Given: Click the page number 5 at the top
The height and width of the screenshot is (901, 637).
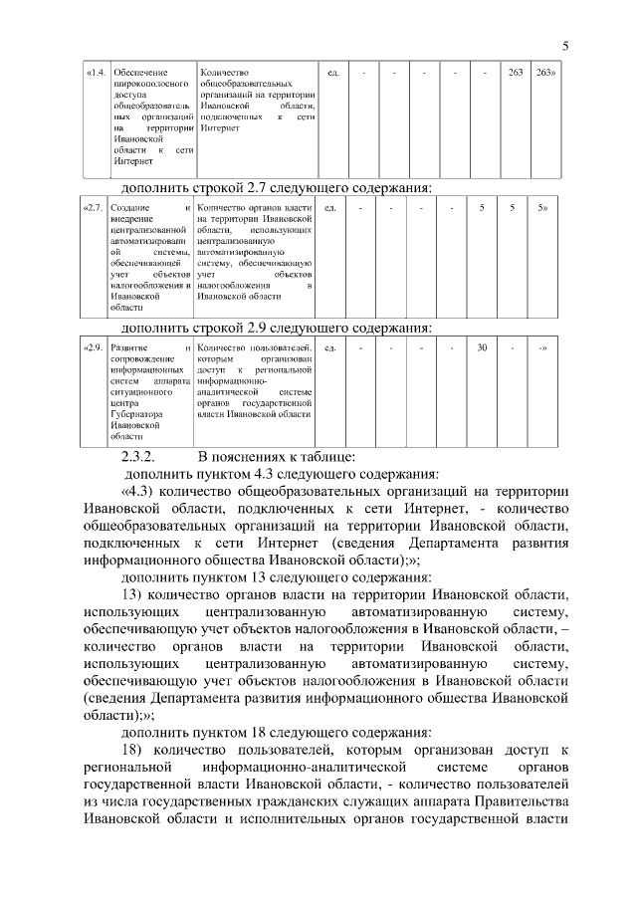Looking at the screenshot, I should pos(564,45).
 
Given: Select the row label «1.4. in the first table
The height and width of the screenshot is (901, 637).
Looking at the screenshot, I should pos(97,73).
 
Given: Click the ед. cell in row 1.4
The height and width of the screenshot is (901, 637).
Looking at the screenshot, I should pos(333,73).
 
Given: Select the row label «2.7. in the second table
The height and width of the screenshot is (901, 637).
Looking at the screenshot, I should pos(93,207).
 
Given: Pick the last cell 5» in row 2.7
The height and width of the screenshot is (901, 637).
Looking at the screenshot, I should pos(542,207).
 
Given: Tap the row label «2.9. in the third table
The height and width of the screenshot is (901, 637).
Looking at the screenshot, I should pos(93,347).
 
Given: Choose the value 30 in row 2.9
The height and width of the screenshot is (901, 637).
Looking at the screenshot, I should pos(482,347).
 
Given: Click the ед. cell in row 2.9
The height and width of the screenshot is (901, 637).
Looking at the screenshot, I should pos(330,347).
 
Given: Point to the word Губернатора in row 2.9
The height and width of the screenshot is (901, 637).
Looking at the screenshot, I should pos(137,411).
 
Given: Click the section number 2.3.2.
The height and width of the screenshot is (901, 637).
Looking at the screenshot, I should pos(138,456).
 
